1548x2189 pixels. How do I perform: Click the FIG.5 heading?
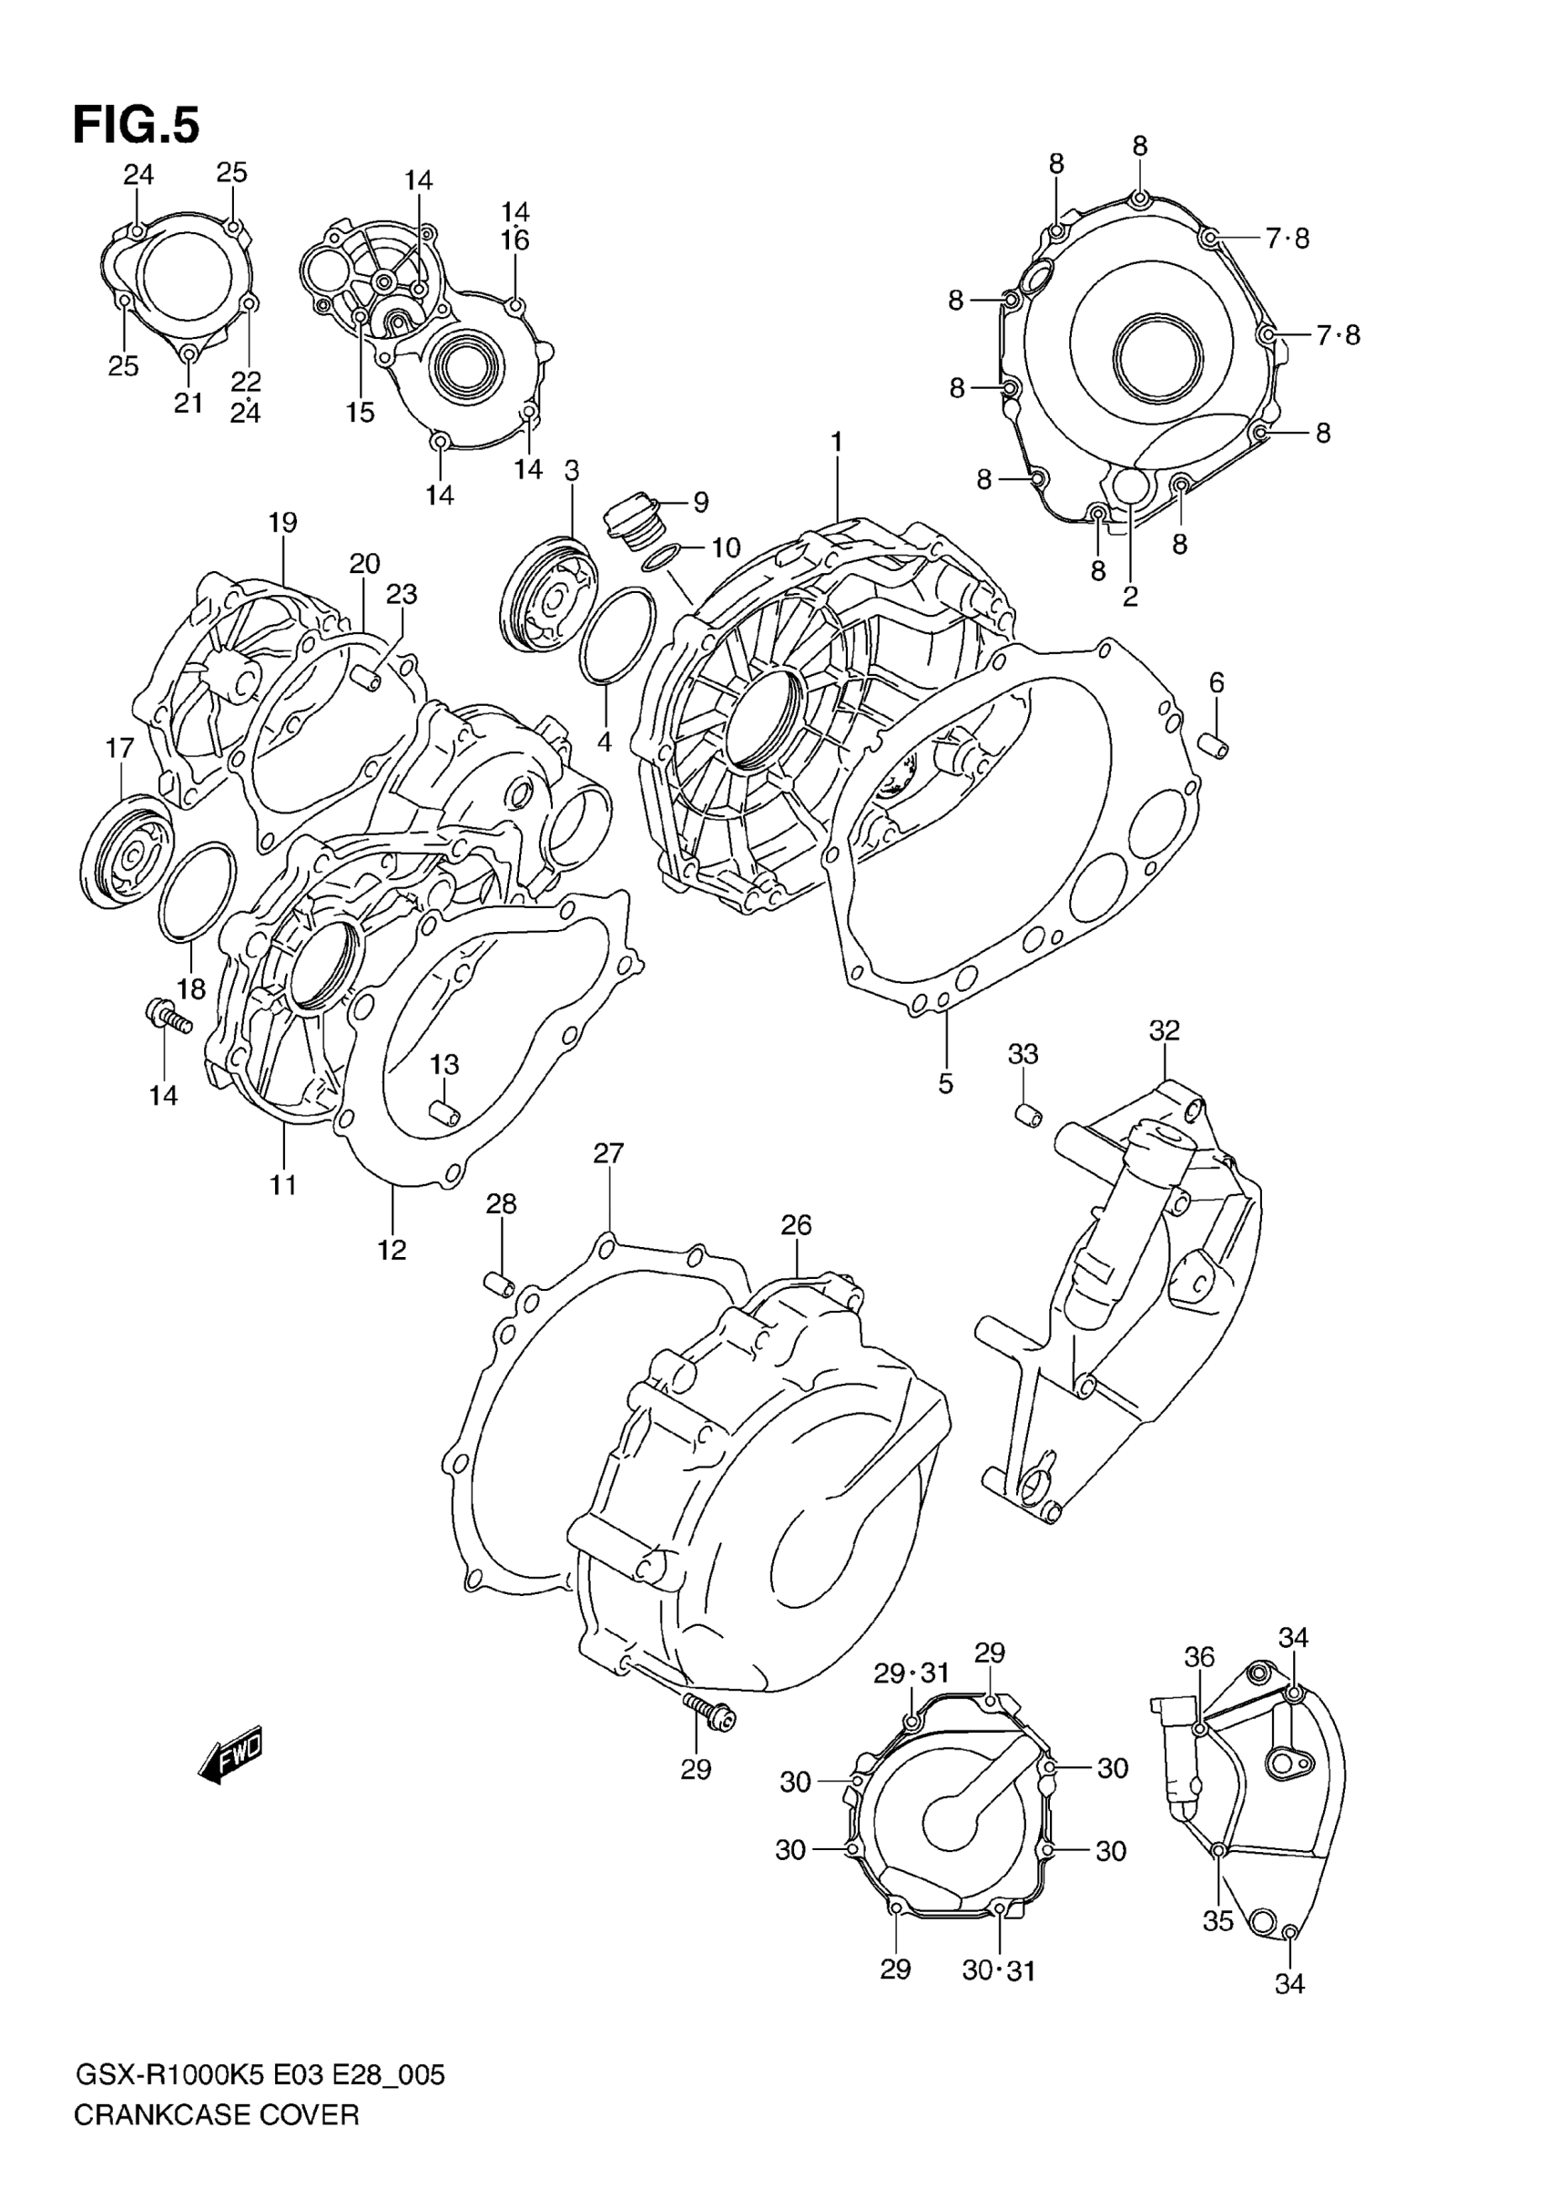click(x=137, y=125)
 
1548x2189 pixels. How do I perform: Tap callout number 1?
click(x=836, y=442)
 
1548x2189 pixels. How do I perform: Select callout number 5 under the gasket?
click(x=945, y=1083)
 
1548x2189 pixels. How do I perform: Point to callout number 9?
click(x=700, y=502)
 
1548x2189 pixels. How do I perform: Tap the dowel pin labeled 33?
click(x=1027, y=1112)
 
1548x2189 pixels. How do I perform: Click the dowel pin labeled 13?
click(x=443, y=1111)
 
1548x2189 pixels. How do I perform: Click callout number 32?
click(x=1164, y=1029)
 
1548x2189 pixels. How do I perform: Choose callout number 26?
click(x=796, y=1225)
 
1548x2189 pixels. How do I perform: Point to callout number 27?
click(x=608, y=1153)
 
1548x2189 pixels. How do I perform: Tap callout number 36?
click(x=1199, y=1658)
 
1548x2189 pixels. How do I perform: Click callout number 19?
click(x=282, y=523)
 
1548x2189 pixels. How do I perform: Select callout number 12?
click(x=392, y=1250)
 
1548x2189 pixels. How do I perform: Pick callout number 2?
click(x=1131, y=597)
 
